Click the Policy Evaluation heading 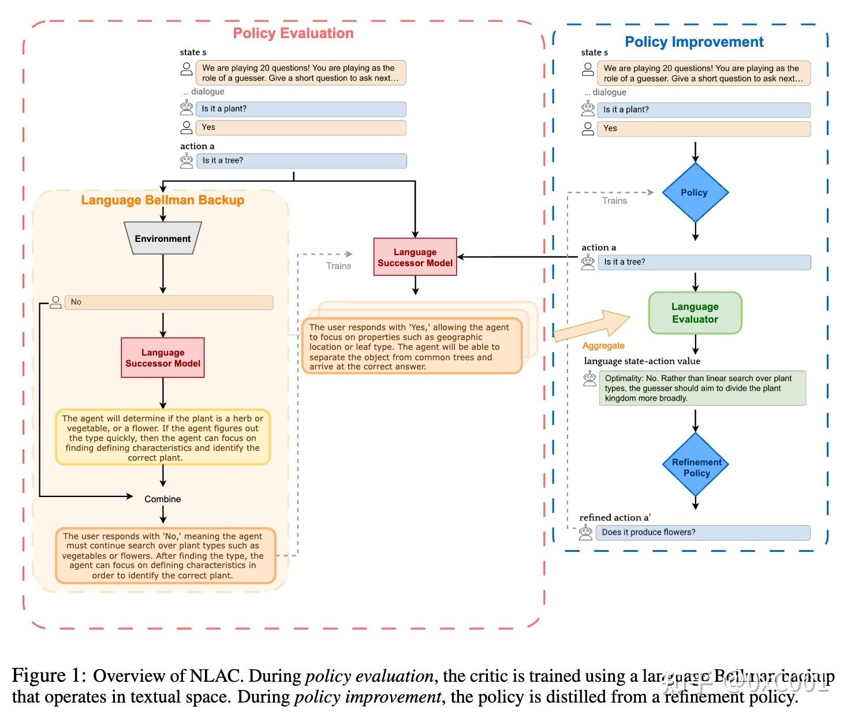tap(293, 33)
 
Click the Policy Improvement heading tap(694, 42)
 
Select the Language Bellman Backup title tap(162, 200)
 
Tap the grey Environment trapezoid tap(163, 238)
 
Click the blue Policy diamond tap(695, 193)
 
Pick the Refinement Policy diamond tap(696, 466)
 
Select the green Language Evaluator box tap(695, 313)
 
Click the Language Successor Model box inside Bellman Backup tap(163, 358)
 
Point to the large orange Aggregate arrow tap(591, 327)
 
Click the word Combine tap(162, 499)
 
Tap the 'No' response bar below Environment tap(169, 302)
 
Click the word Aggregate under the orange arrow tap(603, 346)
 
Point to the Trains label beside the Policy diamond tap(614, 201)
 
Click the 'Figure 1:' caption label tap(49, 675)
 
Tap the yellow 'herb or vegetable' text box tap(163, 438)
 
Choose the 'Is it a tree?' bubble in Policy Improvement tap(704, 262)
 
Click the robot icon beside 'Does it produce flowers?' tap(586, 533)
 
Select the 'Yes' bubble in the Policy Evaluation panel tap(301, 128)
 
